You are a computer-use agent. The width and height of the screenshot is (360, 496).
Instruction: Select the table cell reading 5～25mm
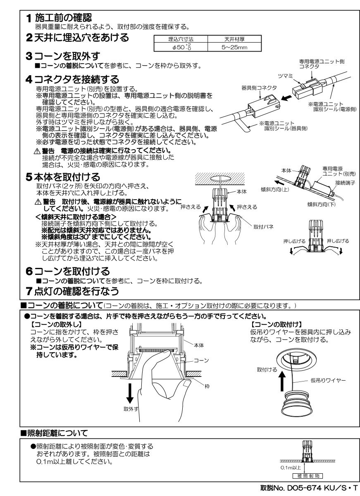click(x=234, y=48)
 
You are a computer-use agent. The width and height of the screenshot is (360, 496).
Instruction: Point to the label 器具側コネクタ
click(x=259, y=88)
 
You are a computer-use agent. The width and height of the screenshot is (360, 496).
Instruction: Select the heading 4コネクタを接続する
click(x=72, y=79)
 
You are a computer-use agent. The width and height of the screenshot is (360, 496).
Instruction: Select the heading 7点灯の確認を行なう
click(x=72, y=291)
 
